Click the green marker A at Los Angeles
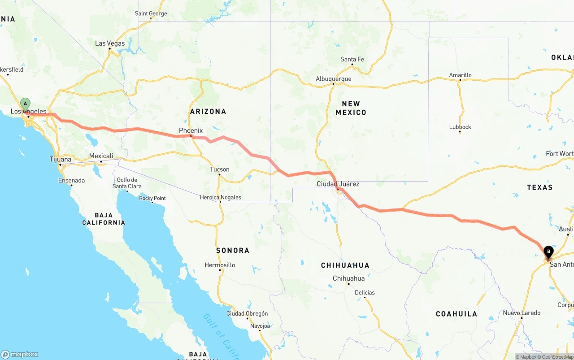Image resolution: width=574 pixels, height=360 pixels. (26, 104)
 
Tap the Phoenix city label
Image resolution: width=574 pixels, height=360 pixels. (191, 130)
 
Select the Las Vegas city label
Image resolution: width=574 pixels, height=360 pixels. (110, 43)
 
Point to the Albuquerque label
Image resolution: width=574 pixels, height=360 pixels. (333, 79)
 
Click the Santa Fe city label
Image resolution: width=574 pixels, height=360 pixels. (352, 59)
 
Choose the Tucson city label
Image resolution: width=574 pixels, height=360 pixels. (220, 169)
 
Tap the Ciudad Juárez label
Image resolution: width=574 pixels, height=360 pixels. (338, 184)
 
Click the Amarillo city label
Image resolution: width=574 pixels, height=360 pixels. (460, 75)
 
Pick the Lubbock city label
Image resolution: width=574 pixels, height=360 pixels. (460, 127)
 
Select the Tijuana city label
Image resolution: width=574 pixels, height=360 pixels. (61, 159)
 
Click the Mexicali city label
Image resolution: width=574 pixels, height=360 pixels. (101, 156)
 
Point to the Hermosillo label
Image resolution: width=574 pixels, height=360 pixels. (220, 265)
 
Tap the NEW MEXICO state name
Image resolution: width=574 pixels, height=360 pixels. (351, 108)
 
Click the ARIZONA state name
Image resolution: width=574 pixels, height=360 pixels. (208, 111)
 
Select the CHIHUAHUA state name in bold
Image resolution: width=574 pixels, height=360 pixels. (345, 265)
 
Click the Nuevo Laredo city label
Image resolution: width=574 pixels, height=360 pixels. (522, 313)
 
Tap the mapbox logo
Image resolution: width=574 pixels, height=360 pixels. (20, 354)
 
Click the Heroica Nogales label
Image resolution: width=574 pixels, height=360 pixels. (220, 197)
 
